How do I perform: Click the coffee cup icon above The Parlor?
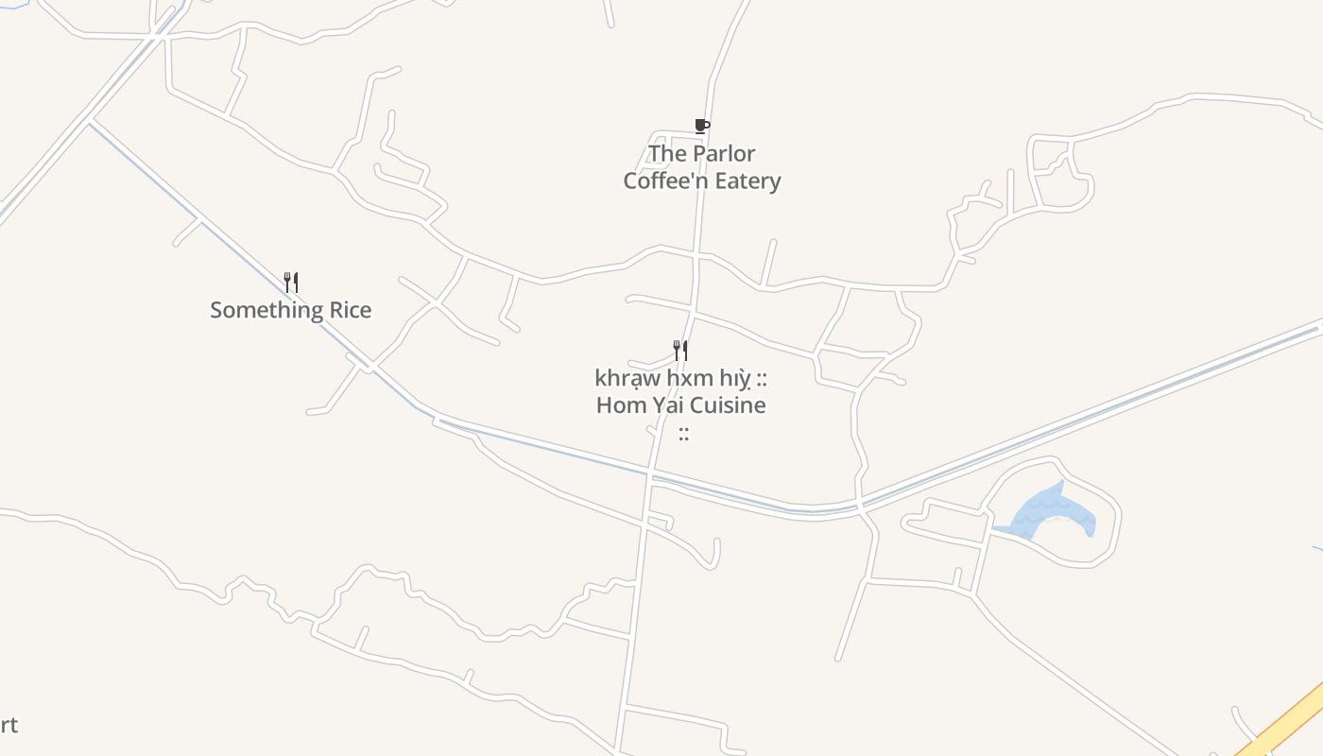(701, 126)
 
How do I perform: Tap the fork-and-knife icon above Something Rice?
(291, 282)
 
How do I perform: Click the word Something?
(266, 310)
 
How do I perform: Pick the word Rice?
(350, 310)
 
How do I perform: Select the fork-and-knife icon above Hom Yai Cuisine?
(679, 351)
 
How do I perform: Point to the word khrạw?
(627, 378)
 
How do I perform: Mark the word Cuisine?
(727, 405)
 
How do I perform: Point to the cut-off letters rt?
(8, 725)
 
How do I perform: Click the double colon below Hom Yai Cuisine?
(683, 434)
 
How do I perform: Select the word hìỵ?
(733, 378)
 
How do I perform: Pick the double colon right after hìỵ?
(761, 379)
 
